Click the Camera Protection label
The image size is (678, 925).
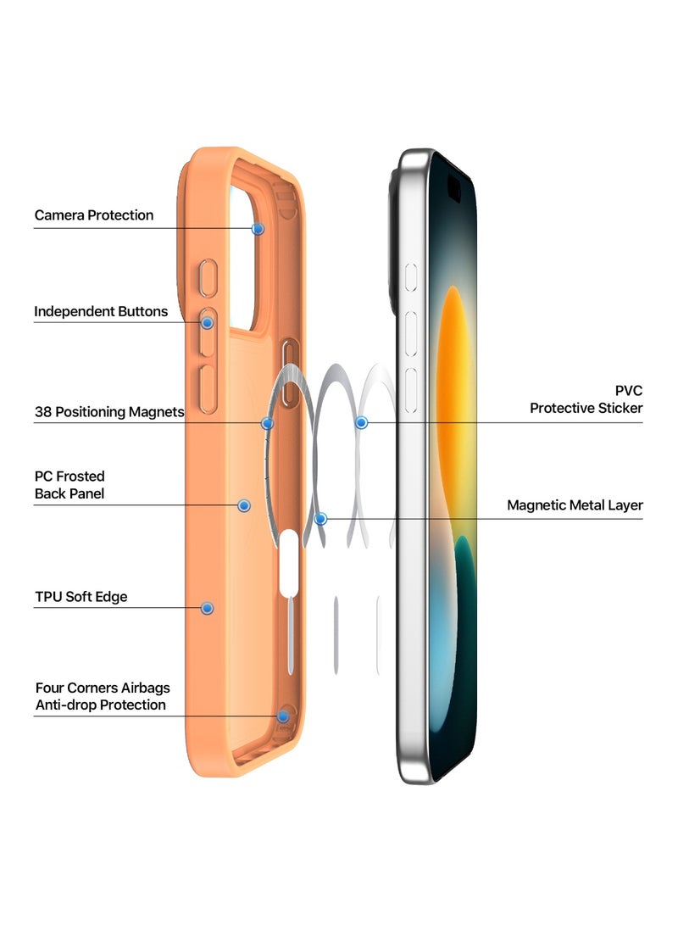(94, 215)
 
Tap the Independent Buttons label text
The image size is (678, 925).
(101, 312)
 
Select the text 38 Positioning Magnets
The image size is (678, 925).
(109, 413)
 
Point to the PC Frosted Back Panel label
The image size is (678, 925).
(69, 485)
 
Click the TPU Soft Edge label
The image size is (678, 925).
(81, 597)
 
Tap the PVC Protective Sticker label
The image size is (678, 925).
(586, 399)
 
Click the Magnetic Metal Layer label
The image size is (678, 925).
(575, 505)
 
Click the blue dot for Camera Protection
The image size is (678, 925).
(258, 229)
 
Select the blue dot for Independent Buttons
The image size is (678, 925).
(207, 323)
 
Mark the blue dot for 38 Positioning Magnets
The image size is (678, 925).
(267, 423)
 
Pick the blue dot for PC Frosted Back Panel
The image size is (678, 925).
(244, 505)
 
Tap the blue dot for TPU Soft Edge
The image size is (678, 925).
(207, 608)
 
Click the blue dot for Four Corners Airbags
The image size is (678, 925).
(283, 716)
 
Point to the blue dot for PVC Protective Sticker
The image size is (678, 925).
(361, 422)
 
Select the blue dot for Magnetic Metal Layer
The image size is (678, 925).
(320, 518)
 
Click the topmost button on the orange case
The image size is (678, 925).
(207, 279)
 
